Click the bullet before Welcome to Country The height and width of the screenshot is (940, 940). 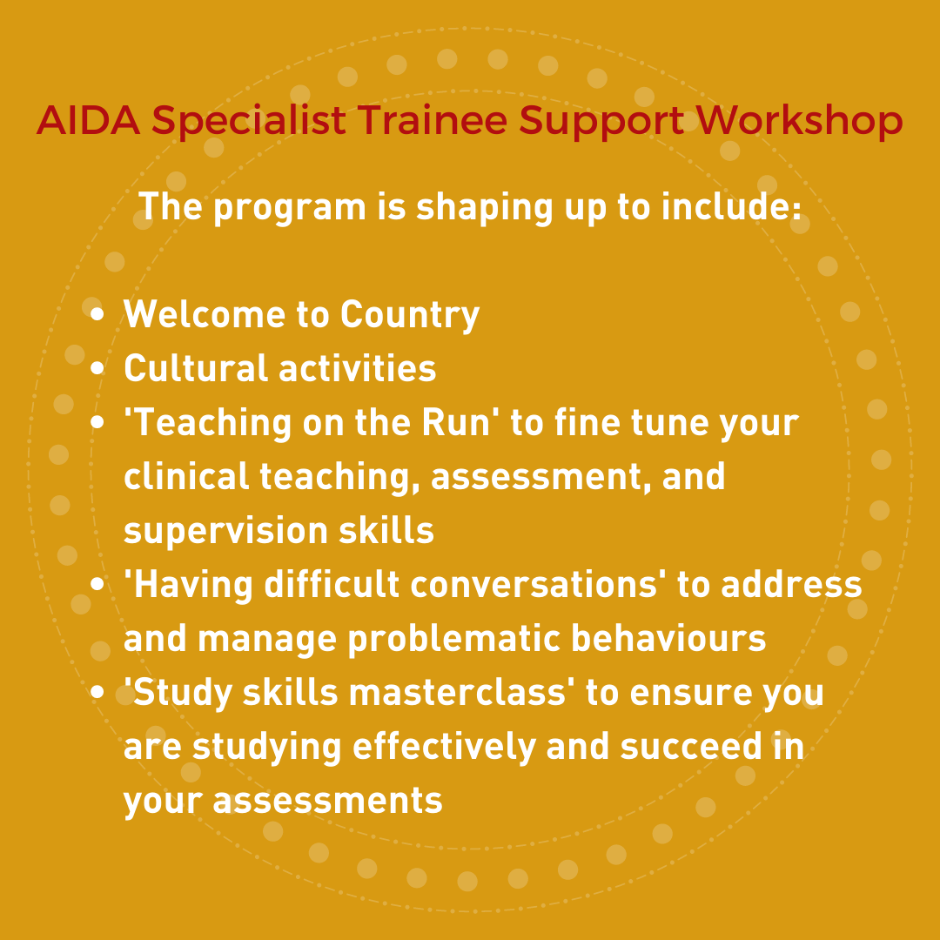98,314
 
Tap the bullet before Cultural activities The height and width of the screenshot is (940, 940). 98,368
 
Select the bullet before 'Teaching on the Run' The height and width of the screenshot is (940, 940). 98,422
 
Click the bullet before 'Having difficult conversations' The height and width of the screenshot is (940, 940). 98,584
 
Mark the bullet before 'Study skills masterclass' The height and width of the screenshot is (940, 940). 98,692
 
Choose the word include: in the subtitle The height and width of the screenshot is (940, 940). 732,208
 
